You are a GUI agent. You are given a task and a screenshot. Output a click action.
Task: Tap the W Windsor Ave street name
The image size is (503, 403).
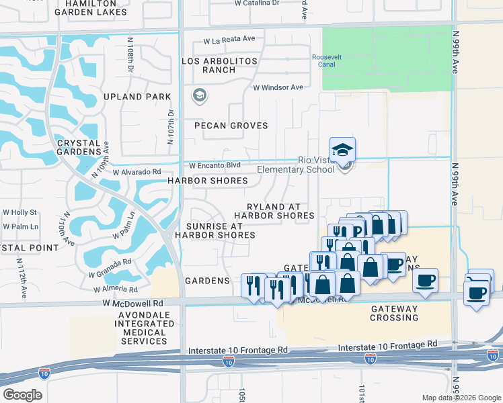pyautogui.click(x=278, y=87)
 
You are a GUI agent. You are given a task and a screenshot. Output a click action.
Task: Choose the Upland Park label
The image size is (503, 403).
pyautogui.click(x=137, y=97)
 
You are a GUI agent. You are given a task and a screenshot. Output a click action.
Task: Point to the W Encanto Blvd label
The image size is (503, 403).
pyautogui.click(x=215, y=165)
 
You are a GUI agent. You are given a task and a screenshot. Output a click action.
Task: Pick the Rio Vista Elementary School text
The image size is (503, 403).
pyautogui.click(x=316, y=165)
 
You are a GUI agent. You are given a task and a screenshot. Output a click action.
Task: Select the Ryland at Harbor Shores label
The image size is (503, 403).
pyautogui.click(x=274, y=211)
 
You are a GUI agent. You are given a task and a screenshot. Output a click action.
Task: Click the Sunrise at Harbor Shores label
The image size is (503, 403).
pyautogui.click(x=215, y=231)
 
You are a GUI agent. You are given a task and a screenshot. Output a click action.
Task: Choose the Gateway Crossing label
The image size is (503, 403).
pyautogui.click(x=394, y=313)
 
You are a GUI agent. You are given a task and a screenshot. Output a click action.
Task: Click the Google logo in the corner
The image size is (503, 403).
pyautogui.click(x=22, y=395)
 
